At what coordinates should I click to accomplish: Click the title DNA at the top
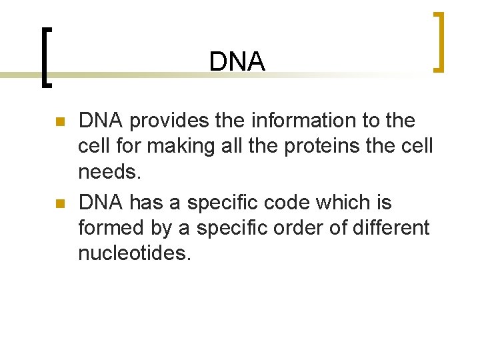point(237,62)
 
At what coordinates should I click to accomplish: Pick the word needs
point(110,173)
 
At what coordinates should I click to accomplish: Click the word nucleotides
point(134,253)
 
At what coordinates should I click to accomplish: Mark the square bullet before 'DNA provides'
point(59,122)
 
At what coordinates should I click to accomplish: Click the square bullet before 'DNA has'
point(59,203)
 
